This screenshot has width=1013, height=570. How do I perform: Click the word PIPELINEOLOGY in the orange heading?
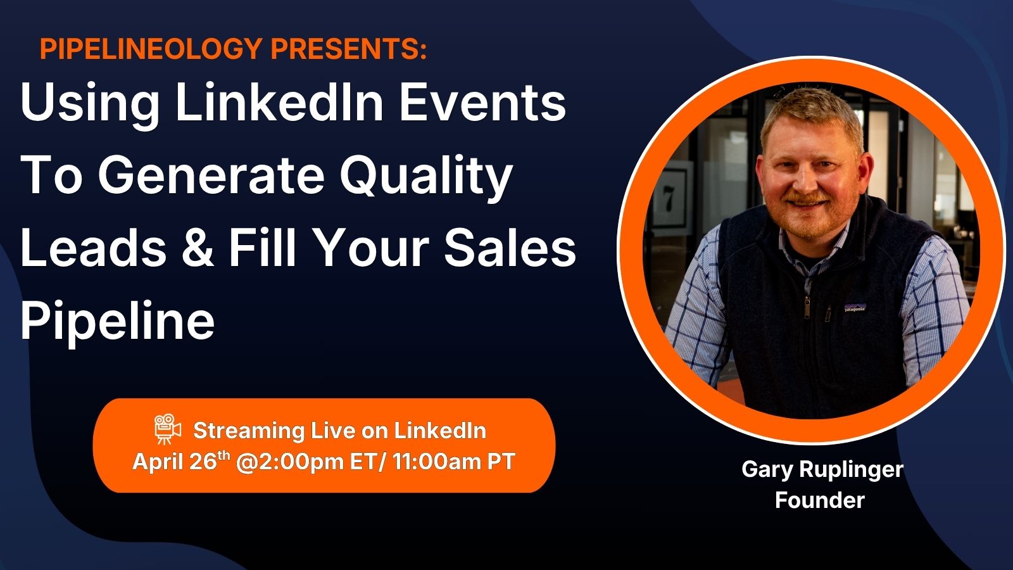point(151,49)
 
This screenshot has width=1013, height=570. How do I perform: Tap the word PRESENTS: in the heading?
point(349,49)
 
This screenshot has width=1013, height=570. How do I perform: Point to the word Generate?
point(211,175)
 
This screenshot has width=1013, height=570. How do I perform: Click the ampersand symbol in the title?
point(197,248)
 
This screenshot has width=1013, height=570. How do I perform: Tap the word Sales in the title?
point(510,248)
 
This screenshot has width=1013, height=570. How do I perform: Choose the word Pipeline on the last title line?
point(118,322)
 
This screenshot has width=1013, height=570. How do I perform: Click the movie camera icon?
point(167,428)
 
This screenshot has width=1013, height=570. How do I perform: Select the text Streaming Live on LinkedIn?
point(339,430)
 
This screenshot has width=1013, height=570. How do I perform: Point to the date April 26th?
point(181,462)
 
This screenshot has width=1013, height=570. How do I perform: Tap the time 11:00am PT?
point(453,462)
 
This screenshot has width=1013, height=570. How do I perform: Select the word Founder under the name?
point(820,500)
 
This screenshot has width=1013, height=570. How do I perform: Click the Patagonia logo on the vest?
point(855,308)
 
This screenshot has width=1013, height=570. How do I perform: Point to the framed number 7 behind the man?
point(669,199)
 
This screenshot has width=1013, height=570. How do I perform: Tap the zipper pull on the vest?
point(807,307)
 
